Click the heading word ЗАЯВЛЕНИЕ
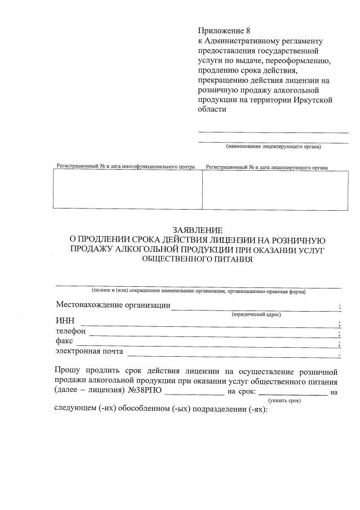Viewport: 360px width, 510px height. pyautogui.click(x=198, y=230)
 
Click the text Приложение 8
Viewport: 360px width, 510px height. pyautogui.click(x=223, y=30)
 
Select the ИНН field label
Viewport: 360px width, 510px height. pyautogui.click(x=64, y=321)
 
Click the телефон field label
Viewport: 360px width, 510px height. pyautogui.click(x=70, y=331)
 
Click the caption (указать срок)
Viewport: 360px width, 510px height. pyautogui.click(x=285, y=400)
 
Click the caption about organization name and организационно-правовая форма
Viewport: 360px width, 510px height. pyautogui.click(x=198, y=291)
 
